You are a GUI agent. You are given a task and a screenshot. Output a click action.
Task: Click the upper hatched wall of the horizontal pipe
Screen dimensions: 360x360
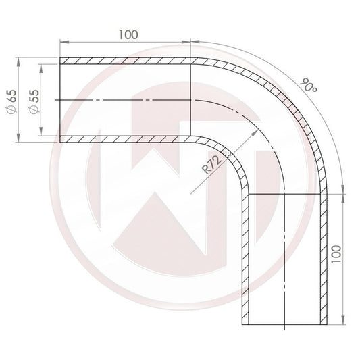click(128, 60)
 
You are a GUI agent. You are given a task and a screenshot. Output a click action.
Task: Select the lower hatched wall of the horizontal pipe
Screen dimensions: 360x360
click(128, 140)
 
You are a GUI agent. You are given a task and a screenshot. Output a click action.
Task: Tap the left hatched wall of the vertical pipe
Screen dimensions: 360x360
click(245, 257)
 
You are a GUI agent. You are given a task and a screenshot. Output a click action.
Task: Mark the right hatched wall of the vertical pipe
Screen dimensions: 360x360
click(324, 257)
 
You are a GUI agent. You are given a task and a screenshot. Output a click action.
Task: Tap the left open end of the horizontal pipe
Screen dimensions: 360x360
click(61, 100)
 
